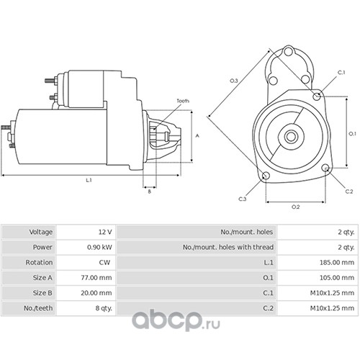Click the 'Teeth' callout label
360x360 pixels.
pyautogui.click(x=183, y=101)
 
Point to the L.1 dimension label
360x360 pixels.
pyautogui.click(x=89, y=180)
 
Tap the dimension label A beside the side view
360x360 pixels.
pyautogui.click(x=197, y=136)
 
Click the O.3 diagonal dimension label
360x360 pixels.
pyautogui.click(x=234, y=81)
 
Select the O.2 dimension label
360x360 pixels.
pyautogui.click(x=295, y=207)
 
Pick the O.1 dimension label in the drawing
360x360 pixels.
pyautogui.click(x=352, y=134)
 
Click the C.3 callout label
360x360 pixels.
pyautogui.click(x=243, y=199)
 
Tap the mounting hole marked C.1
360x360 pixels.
pyautogui.click(x=317, y=96)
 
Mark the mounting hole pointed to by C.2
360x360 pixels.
pyautogui.click(x=325, y=168)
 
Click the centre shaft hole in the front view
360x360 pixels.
pyautogui.click(x=291, y=137)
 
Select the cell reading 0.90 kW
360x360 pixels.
pyautogui.click(x=99, y=247)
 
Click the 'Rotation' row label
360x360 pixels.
pyautogui.click(x=39, y=262)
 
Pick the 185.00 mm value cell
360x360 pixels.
pyautogui.click(x=337, y=262)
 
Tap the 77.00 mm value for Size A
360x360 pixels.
pyautogui.click(x=96, y=278)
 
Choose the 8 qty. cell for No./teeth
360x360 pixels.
pyautogui.click(x=104, y=308)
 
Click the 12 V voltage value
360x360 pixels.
pyautogui.click(x=105, y=232)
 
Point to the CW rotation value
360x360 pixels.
pyautogui.click(x=104, y=262)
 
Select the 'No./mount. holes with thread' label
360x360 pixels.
pyautogui.click(x=228, y=247)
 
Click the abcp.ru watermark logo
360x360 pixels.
pyautogui.click(x=176, y=321)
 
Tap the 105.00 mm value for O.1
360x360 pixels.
pyautogui.click(x=337, y=278)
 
